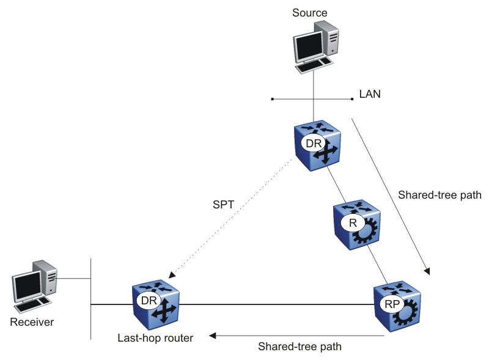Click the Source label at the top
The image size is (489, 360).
point(310,12)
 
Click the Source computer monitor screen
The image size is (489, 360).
point(307,45)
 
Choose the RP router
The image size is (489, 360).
point(397,305)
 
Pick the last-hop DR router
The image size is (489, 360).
point(156,303)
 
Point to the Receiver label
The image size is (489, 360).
point(32,322)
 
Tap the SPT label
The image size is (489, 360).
point(223,204)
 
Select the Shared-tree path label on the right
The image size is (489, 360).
point(439,196)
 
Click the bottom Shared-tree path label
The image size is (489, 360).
point(300,346)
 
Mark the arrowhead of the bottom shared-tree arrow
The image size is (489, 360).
point(212,335)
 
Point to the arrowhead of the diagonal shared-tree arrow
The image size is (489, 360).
point(429,271)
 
